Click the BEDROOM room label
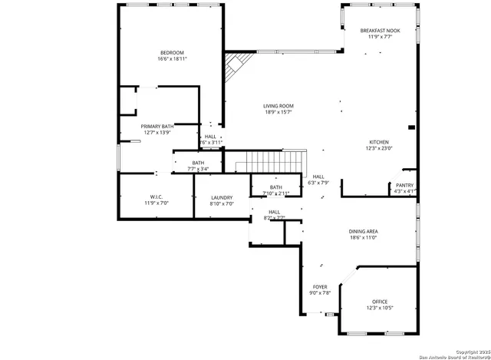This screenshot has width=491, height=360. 172,52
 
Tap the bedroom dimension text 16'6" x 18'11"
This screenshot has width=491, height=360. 172,58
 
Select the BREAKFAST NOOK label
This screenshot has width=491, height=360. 380,30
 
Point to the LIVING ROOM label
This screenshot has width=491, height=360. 278,106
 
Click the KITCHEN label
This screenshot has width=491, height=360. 379,142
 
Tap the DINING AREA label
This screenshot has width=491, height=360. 384,231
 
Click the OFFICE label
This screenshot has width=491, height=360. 380,302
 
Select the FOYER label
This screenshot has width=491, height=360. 319,286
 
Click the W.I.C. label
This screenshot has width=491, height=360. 156,197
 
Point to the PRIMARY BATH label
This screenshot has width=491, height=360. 157,126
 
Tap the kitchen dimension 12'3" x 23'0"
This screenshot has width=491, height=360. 379,148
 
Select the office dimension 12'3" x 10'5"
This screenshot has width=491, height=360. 380,308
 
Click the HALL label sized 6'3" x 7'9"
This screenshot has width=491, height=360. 318,177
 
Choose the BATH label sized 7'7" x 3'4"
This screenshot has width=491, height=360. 198,163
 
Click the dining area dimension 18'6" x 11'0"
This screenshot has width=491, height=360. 384,237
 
